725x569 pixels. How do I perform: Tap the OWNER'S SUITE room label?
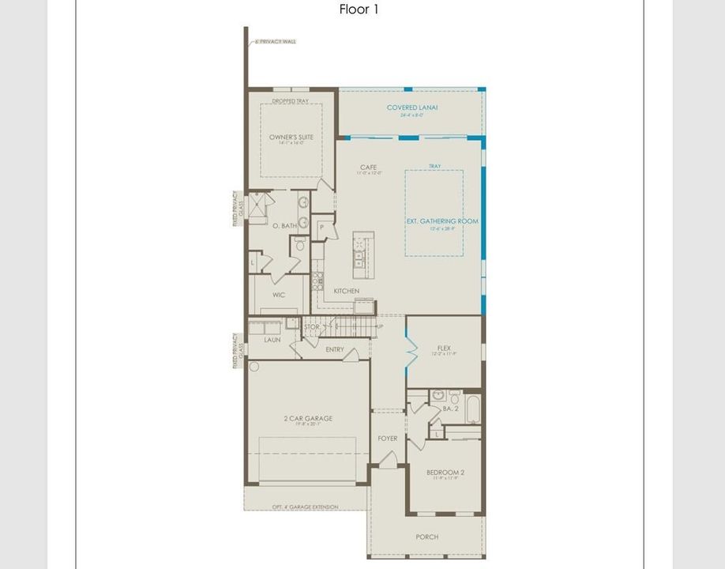(x=291, y=138)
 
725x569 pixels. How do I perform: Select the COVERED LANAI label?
(x=412, y=107)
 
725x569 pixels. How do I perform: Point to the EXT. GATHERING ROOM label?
(x=442, y=222)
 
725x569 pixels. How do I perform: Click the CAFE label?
(x=368, y=168)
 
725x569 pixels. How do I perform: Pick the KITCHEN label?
(x=346, y=291)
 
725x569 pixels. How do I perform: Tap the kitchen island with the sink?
(x=362, y=255)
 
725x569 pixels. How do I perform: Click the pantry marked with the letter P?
(x=322, y=228)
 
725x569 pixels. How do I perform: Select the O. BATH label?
(x=284, y=226)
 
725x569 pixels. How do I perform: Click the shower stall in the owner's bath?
(x=259, y=206)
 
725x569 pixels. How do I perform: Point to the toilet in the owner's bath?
(x=299, y=245)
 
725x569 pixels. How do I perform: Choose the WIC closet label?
(x=278, y=295)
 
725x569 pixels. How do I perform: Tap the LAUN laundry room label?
(x=272, y=340)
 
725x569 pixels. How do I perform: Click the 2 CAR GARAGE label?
(x=307, y=419)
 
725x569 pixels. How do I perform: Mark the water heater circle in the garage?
(x=254, y=367)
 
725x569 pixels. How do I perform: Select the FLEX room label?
(x=444, y=348)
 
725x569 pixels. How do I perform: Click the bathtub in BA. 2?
(x=472, y=409)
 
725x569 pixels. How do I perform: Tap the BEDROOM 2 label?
(x=445, y=473)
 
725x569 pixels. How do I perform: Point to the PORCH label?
(x=426, y=537)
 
